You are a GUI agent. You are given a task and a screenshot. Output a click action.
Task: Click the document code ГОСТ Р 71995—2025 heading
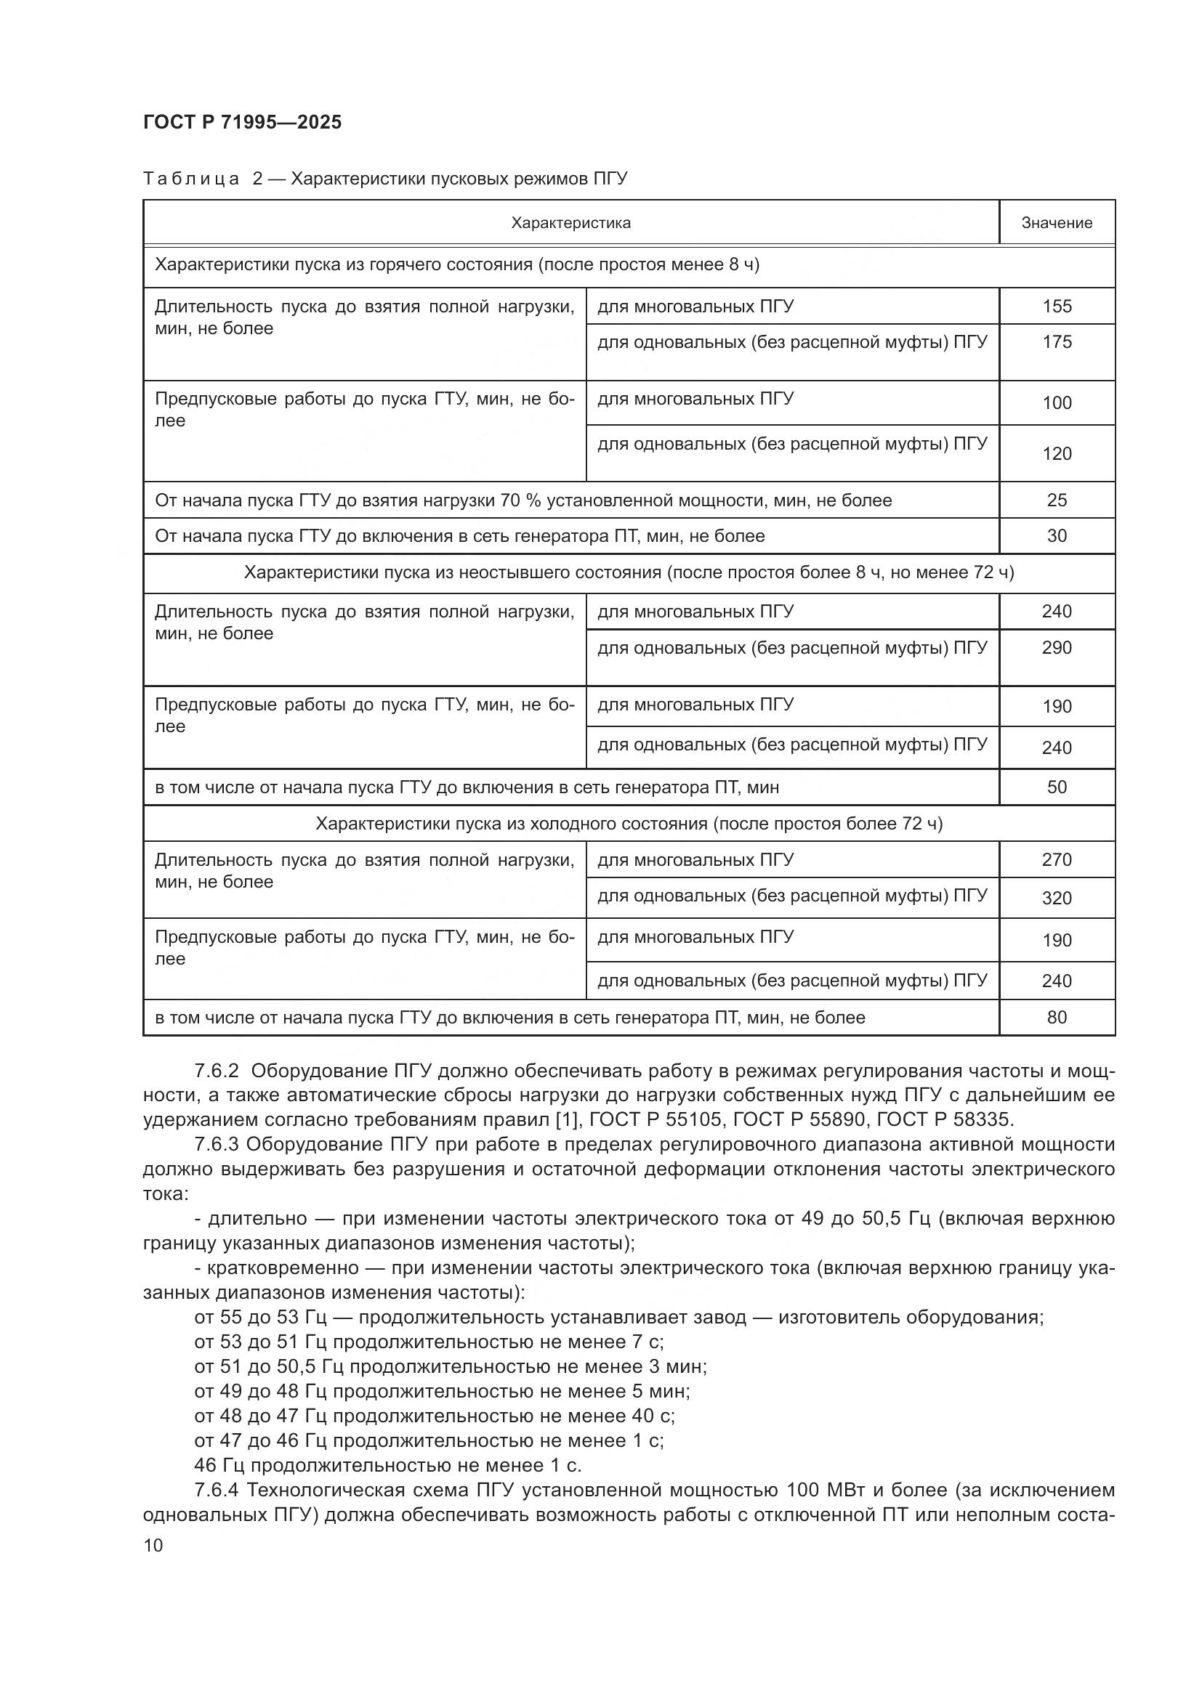(242, 122)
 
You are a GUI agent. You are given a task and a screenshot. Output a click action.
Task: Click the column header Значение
(1056, 223)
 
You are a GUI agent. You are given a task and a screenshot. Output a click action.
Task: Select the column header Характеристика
(570, 223)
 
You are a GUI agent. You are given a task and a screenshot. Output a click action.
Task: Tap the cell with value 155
(1056, 307)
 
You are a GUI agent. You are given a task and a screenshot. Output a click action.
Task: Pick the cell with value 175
(1056, 342)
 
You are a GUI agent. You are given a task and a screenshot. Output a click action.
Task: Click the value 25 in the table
(1056, 500)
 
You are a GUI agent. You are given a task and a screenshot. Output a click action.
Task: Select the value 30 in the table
(1056, 536)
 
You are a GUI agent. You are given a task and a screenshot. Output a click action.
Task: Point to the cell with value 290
(1056, 647)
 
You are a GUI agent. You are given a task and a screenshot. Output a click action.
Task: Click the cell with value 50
(1056, 787)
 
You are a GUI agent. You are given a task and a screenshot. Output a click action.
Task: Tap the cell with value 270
(1056, 860)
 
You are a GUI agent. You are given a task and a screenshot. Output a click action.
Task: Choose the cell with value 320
(1056, 898)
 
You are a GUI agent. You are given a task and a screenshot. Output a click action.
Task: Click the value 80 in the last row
(1056, 1018)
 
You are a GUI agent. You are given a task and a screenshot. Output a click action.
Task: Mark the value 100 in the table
(1056, 403)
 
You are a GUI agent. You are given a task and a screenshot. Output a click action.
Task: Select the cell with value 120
(1056, 453)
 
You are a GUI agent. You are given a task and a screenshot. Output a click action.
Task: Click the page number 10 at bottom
(153, 1545)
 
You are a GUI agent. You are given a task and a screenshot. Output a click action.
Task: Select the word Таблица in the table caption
(191, 179)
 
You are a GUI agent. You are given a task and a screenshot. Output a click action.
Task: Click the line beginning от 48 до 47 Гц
(434, 1416)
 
